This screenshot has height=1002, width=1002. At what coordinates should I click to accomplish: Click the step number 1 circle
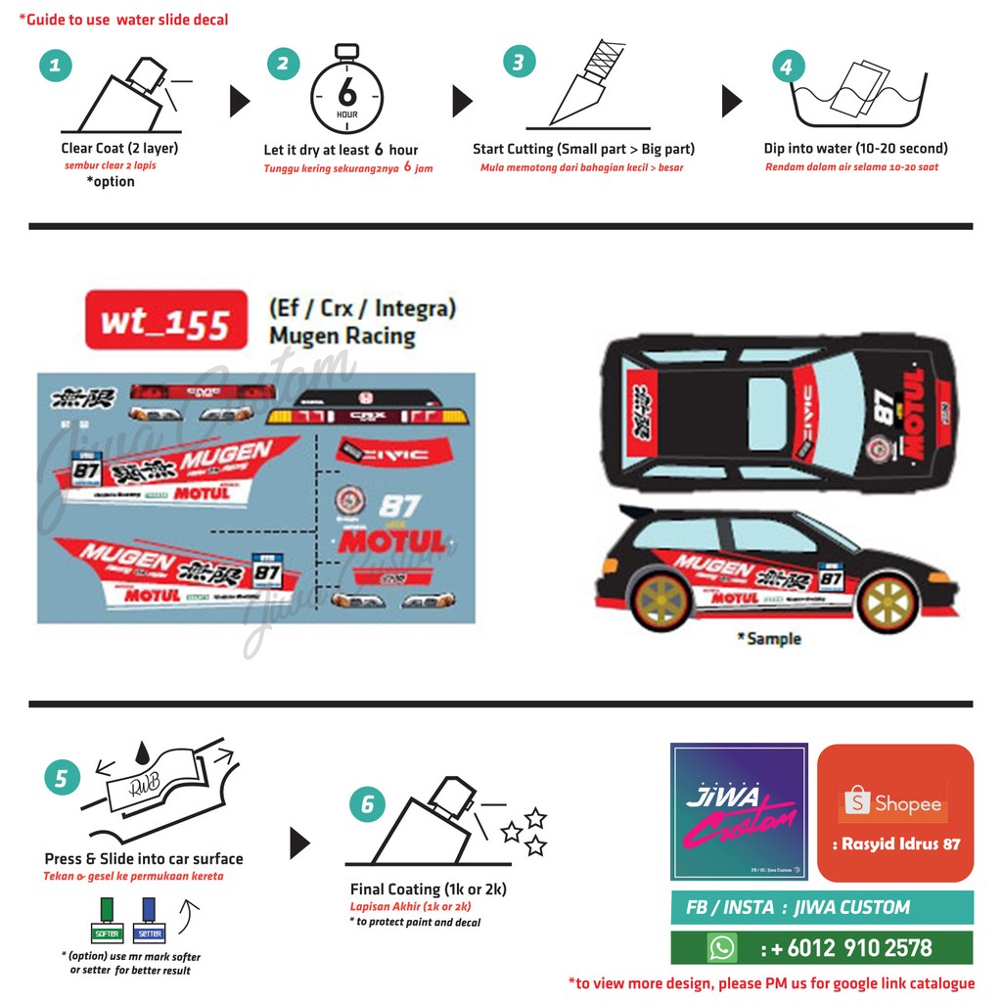coord(55,66)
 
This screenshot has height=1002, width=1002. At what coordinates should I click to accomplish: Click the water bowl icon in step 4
coord(859,96)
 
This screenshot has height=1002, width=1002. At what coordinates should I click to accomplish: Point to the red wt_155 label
coord(165,320)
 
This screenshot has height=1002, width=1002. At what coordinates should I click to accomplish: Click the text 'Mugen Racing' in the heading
coord(342,336)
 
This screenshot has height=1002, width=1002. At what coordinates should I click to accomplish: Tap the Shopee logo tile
coord(895,812)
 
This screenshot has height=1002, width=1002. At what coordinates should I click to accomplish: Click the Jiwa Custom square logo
coord(739,811)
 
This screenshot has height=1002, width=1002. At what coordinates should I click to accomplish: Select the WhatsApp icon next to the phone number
coord(722,947)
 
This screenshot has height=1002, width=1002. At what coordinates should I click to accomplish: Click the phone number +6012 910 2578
coord(845,947)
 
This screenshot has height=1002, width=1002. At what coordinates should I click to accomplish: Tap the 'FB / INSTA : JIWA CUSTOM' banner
coord(821,907)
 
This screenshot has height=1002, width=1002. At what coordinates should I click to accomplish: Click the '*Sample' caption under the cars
coord(769,638)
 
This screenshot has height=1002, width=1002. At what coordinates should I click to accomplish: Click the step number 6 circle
coord(367,804)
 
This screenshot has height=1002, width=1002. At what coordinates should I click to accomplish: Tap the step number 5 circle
coord(62,778)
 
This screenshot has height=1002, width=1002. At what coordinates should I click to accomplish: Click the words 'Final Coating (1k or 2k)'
coord(428,889)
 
